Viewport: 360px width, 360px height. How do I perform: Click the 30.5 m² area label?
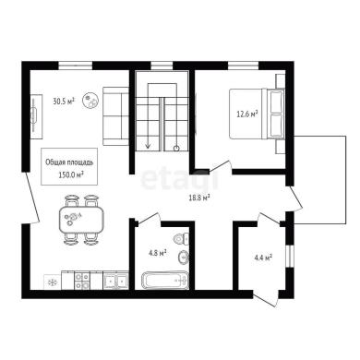pyautogui.click(x=64, y=102)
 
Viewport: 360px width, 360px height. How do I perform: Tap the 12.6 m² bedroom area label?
pyautogui.click(x=246, y=114)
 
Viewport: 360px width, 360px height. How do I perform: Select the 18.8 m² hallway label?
pyautogui.click(x=199, y=198)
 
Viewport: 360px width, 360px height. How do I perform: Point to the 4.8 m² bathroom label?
pyautogui.click(x=157, y=253)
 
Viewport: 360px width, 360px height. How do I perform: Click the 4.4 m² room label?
pyautogui.click(x=263, y=258)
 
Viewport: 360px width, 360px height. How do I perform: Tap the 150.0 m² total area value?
pyautogui.click(x=71, y=174)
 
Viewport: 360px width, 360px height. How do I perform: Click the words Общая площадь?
pyautogui.click(x=69, y=162)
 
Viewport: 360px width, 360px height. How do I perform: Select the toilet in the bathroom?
pyautogui.click(x=181, y=239)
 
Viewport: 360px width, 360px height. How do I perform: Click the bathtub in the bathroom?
pyautogui.click(x=164, y=280)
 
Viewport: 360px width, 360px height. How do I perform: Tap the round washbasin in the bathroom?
pyautogui.click(x=184, y=257)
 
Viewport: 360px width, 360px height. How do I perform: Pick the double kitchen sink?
pyautogui.click(x=115, y=280)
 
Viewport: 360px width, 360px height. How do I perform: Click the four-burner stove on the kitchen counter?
pyautogui.click(x=82, y=281)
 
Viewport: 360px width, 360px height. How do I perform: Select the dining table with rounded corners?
pyautogui.click(x=81, y=221)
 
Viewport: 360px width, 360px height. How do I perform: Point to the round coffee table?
pyautogui.click(x=90, y=101)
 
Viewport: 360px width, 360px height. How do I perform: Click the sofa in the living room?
pyautogui.click(x=115, y=116)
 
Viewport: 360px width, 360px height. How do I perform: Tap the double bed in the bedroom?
pyautogui.click(x=257, y=114)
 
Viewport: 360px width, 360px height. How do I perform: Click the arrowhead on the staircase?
pyautogui.click(x=148, y=146)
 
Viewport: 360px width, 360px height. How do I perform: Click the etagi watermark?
pyautogui.click(x=179, y=180)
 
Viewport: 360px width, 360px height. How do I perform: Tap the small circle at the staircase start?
pyautogui.click(x=176, y=149)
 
